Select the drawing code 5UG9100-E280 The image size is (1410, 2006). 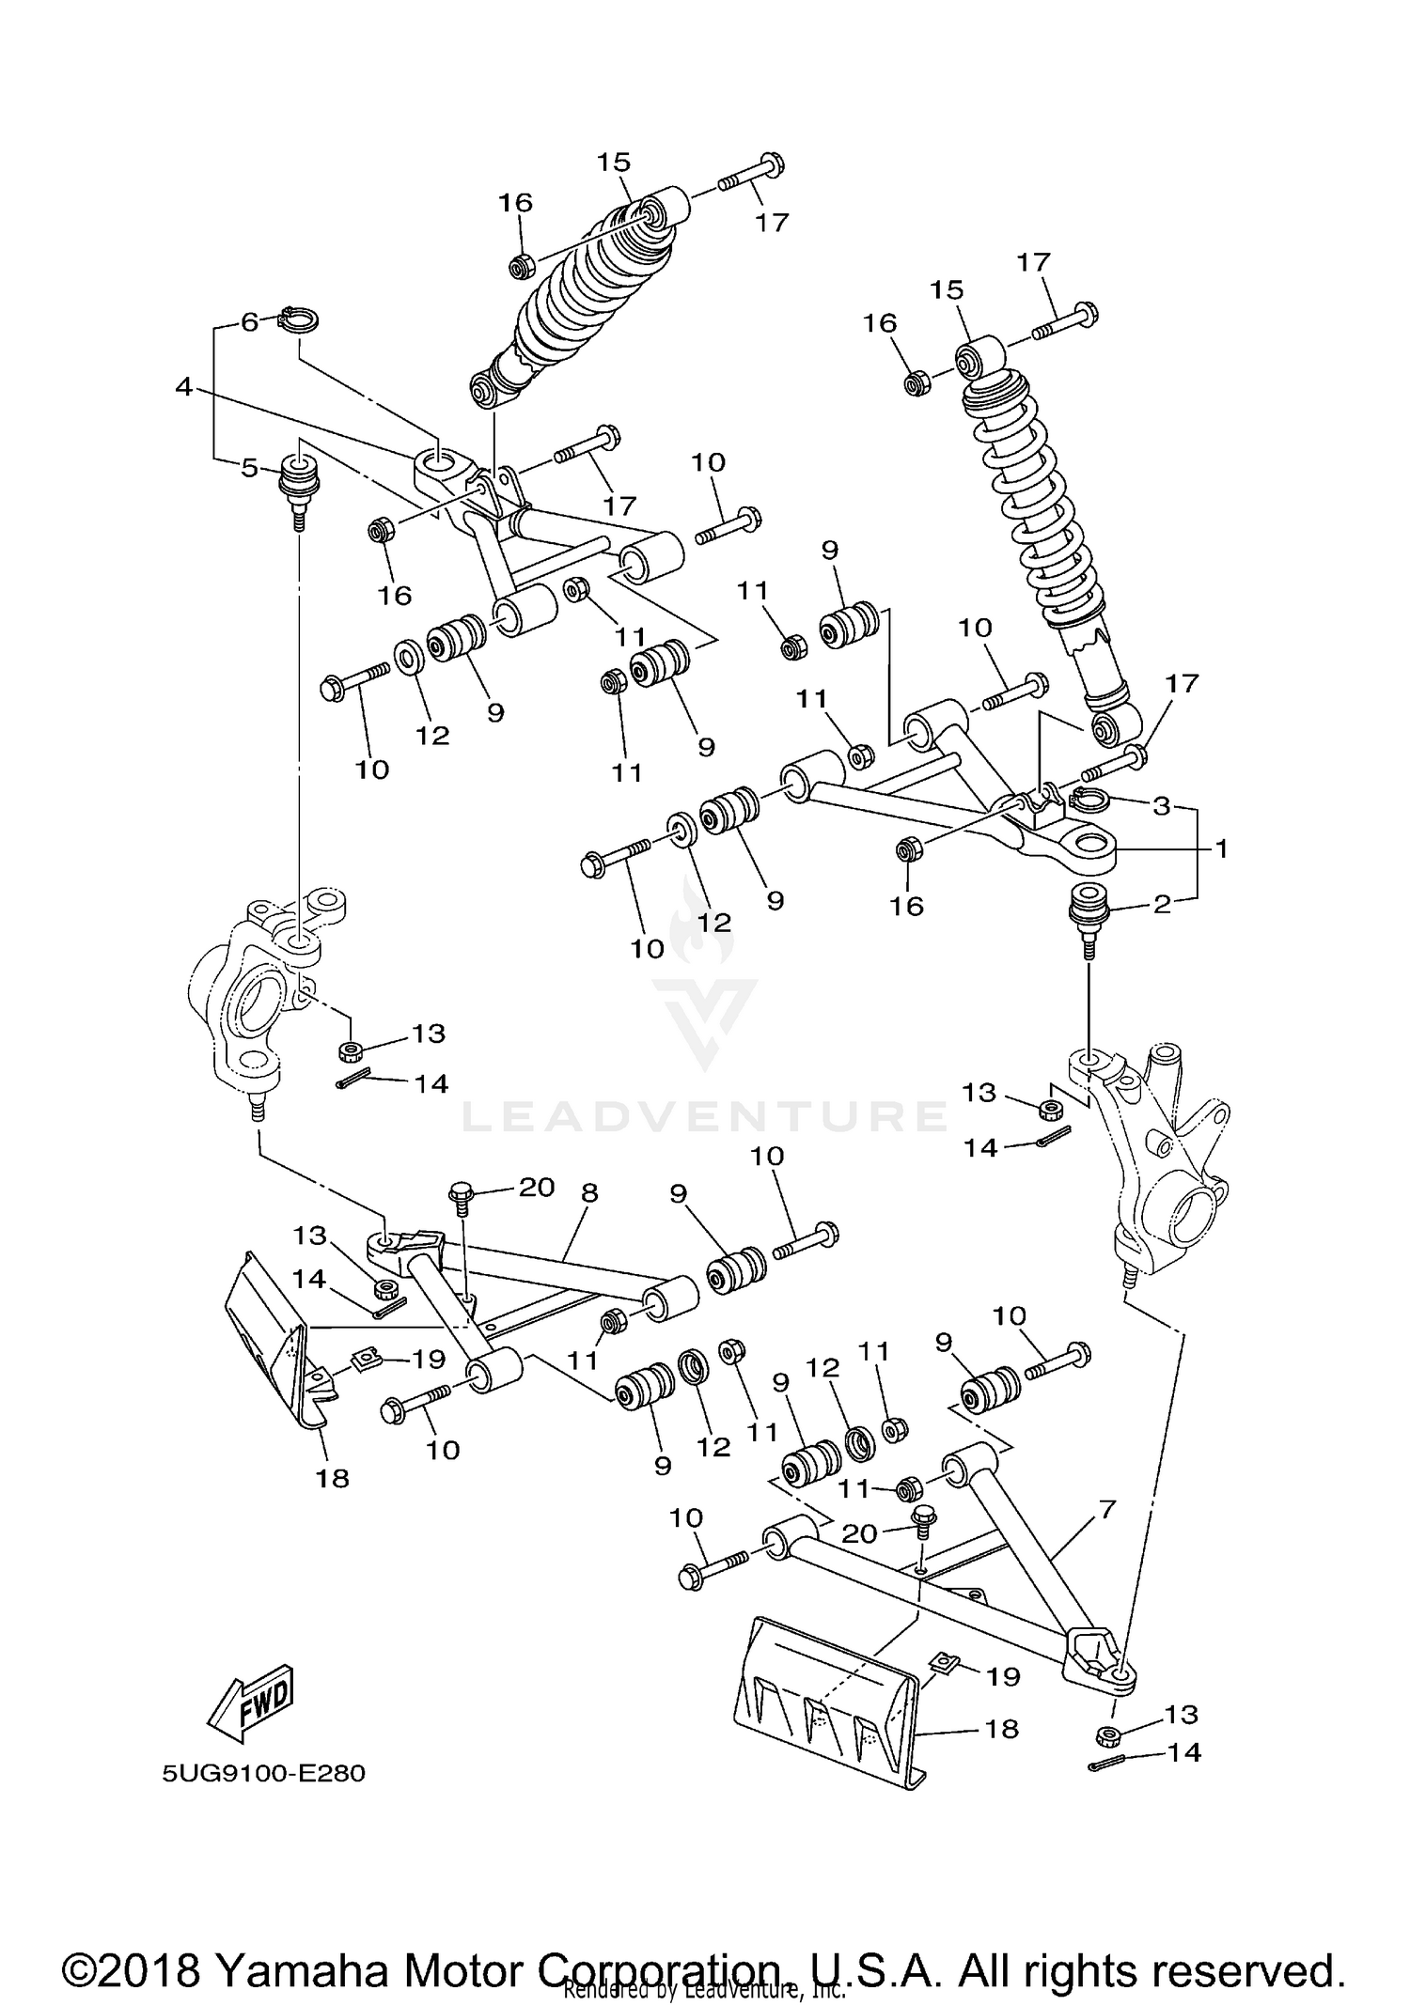click(263, 1773)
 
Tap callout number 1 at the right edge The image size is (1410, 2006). click(1221, 848)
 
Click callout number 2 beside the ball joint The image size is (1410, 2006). click(1162, 904)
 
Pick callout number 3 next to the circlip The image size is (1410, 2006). click(1162, 805)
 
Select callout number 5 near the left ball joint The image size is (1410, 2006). click(249, 467)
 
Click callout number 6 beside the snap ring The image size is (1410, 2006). click(249, 322)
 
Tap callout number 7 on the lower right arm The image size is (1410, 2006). click(1106, 1510)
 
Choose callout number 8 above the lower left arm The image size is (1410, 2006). click(589, 1192)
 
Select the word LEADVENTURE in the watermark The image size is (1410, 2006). click(705, 1115)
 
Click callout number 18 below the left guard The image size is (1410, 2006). click(333, 1478)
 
